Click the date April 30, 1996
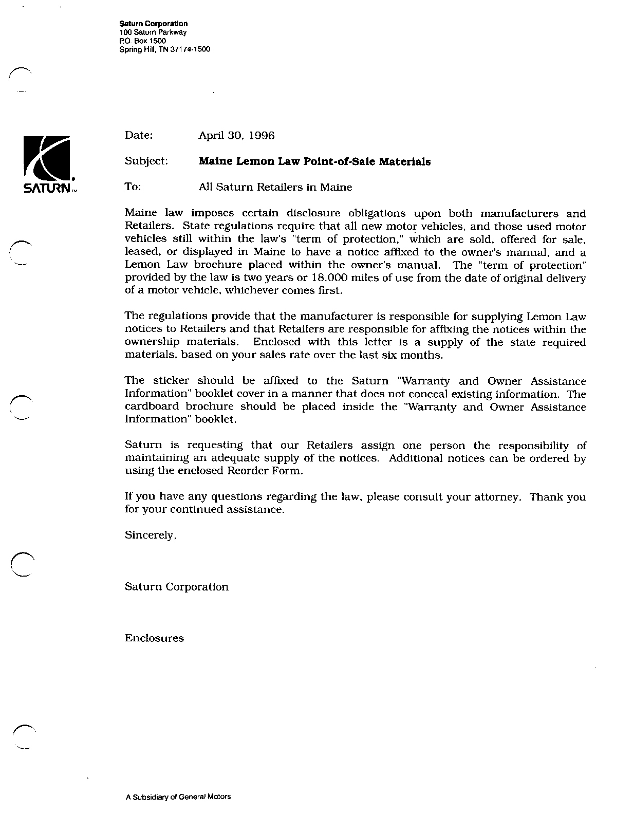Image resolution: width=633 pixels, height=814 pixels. pos(236,136)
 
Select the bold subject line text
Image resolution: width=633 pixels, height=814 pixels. pos(314,162)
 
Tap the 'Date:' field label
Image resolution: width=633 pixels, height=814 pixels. pos(139,135)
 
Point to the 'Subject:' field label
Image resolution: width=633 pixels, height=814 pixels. pos(146,161)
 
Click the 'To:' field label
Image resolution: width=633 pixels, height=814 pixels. pos(133,187)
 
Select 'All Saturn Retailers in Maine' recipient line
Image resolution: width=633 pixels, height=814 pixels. pos(275,187)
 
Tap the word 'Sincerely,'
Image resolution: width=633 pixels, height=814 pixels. pos(151,535)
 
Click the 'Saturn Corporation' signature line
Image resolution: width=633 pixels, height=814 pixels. pos(176,586)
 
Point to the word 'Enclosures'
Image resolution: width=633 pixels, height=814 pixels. pos(154,638)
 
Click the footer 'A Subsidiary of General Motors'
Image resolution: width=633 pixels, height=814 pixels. pos(178,797)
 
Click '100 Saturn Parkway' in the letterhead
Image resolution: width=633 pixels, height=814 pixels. pos(149,32)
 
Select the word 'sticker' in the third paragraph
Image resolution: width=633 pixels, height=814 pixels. pos(171,381)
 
